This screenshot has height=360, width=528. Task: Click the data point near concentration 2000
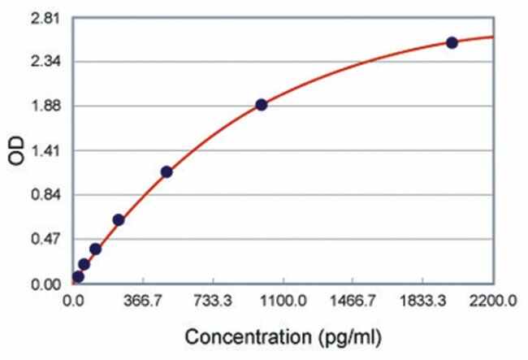(452, 42)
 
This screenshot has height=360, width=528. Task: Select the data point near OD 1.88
(261, 105)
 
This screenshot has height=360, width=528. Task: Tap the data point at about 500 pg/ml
(167, 171)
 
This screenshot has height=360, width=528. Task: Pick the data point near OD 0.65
(119, 219)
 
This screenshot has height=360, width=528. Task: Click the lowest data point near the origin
(78, 276)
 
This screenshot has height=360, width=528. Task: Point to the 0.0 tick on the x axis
(74, 301)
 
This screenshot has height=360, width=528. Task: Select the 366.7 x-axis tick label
(144, 301)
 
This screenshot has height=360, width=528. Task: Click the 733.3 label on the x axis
(214, 301)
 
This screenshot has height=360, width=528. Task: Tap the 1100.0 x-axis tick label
(283, 301)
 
